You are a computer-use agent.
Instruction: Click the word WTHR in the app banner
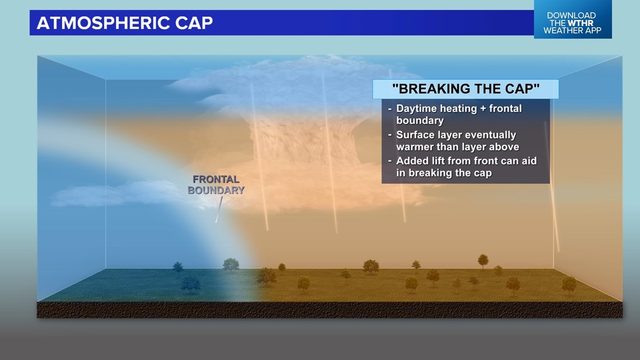click(581, 23)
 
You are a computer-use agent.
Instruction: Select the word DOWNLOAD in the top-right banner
click(572, 15)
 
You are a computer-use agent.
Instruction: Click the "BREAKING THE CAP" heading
click(465, 89)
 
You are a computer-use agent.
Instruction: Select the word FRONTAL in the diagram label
click(216, 180)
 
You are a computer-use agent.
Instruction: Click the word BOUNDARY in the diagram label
click(216, 190)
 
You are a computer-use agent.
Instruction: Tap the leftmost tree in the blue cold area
click(177, 267)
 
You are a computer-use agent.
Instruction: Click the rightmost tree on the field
click(569, 285)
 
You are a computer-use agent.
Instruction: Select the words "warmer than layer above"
click(458, 147)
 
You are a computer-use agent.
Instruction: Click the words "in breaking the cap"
click(444, 173)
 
